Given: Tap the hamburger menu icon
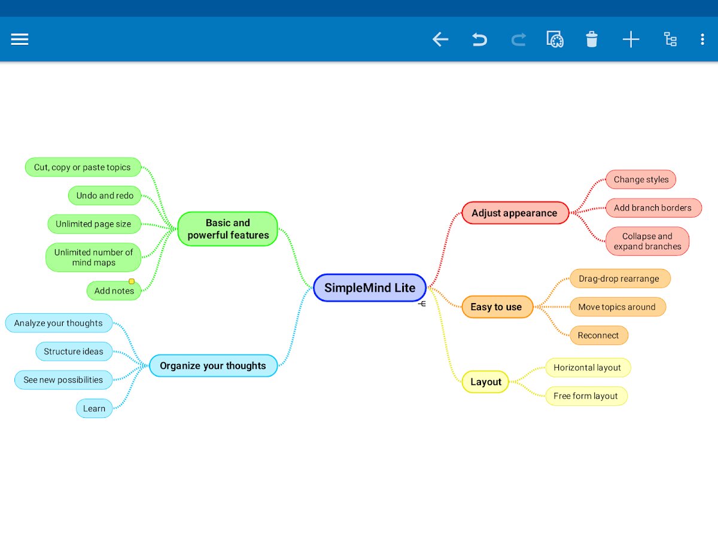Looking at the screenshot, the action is (20, 39).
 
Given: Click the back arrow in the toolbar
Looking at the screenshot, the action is (440, 39).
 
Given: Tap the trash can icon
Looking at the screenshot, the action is (591, 39).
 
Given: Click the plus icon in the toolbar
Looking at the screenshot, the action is (631, 39).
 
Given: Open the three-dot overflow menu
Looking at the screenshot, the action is (702, 39).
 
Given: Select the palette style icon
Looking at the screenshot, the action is (555, 39).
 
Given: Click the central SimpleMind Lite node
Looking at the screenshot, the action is (370, 288).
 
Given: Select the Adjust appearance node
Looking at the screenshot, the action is (515, 213).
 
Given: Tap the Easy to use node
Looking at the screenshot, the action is (497, 307).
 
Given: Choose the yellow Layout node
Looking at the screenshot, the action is (485, 381).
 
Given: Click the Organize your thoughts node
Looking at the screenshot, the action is (213, 365).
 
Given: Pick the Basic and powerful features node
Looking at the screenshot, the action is (228, 229).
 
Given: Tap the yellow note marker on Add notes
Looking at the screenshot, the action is (132, 281).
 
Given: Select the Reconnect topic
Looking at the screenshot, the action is (598, 335).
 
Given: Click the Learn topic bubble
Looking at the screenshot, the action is (94, 408).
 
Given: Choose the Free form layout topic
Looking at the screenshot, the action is (586, 396).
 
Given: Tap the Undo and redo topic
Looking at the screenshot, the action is (105, 195).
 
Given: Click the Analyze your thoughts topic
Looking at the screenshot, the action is (59, 323).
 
